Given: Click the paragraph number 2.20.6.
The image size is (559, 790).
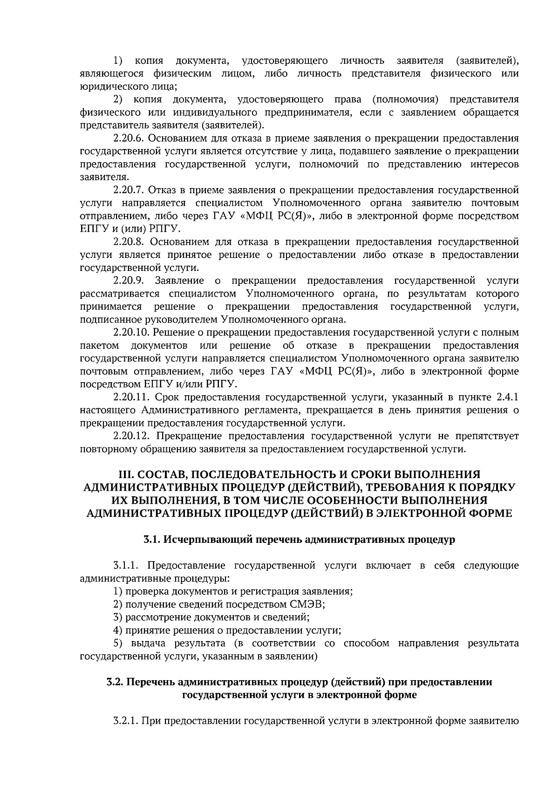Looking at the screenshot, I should click(130, 139).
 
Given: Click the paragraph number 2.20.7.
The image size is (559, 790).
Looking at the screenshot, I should click(130, 190).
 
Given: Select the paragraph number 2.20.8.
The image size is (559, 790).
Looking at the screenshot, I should click(130, 242).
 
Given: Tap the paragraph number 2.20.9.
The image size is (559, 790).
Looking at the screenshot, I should click(130, 281).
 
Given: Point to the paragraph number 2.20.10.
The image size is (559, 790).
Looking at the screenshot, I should click(132, 332).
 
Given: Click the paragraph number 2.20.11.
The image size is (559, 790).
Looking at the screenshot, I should click(132, 397).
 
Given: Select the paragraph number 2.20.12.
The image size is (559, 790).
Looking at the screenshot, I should click(132, 436).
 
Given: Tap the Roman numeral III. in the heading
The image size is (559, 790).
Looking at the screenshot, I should click(126, 474).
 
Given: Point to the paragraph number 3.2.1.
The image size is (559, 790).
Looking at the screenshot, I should click(125, 721).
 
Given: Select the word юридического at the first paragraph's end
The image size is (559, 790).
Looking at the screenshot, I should click(108, 87).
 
